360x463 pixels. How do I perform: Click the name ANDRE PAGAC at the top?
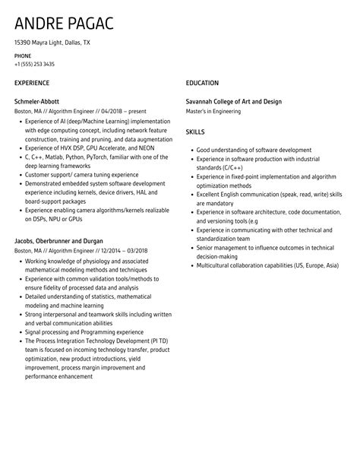(64, 24)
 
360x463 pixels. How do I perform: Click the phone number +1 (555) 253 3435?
(34, 64)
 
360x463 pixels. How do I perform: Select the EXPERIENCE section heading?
(32, 82)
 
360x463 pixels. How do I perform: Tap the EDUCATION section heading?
(202, 82)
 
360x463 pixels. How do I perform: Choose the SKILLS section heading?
(195, 132)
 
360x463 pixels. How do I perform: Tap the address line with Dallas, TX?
(52, 43)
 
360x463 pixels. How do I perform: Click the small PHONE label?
(24, 55)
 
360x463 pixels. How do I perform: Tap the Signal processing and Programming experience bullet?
(85, 331)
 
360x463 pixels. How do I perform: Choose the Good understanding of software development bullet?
(254, 150)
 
